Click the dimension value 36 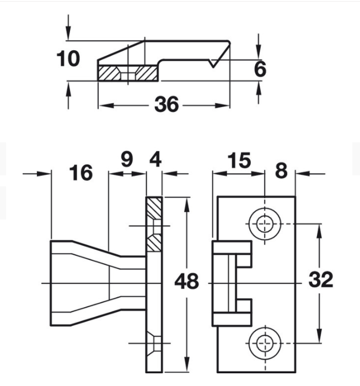click(166, 105)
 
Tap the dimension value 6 click(260, 69)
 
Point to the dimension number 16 click(80, 173)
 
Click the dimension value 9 click(127, 160)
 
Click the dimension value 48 click(186, 282)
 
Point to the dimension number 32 click(321, 280)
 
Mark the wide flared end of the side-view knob click(61, 283)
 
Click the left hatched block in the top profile click(110, 73)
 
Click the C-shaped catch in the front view click(232, 283)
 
